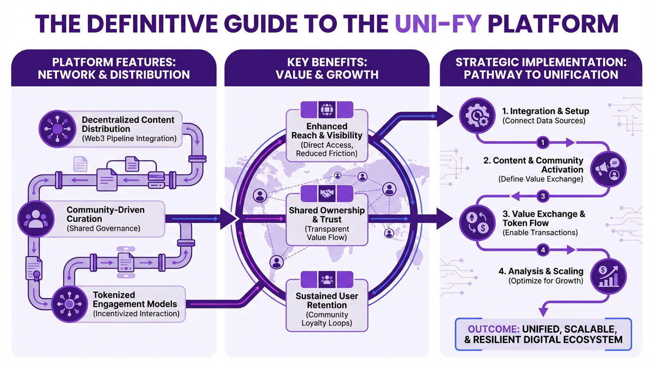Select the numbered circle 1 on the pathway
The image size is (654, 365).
[543, 142]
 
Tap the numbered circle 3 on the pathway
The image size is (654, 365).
[543, 196]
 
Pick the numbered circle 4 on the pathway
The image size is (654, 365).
[543, 250]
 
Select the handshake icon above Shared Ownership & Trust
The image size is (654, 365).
[327, 194]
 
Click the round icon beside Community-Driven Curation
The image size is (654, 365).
[36, 220]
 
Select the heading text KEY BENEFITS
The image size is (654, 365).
[327, 62]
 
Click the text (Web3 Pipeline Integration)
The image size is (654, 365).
[129, 139]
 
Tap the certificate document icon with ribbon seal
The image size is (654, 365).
[34, 268]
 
